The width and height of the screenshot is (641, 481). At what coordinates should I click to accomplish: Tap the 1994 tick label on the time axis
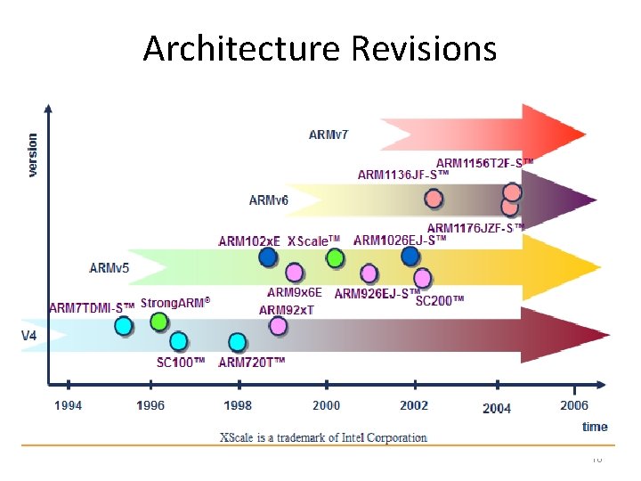click(69, 406)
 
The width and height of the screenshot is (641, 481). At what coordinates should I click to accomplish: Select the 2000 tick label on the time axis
click(326, 406)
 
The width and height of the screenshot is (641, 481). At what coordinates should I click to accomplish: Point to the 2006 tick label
click(574, 406)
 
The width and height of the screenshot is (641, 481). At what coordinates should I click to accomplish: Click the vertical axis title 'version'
click(33, 155)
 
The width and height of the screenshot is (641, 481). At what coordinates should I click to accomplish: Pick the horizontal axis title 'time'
click(595, 427)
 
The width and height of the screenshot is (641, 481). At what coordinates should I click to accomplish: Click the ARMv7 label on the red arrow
click(329, 135)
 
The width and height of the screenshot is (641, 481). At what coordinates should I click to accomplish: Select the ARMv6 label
click(269, 200)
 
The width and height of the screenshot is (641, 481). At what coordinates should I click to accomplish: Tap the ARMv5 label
click(110, 267)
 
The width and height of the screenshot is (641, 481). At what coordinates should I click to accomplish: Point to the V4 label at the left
click(31, 336)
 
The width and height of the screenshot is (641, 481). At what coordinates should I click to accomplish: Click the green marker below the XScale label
click(335, 258)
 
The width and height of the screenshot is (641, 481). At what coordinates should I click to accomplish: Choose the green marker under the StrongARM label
click(158, 322)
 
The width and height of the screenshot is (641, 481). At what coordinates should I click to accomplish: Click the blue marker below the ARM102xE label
click(267, 257)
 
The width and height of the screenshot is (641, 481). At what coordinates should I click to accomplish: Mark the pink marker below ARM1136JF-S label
click(434, 199)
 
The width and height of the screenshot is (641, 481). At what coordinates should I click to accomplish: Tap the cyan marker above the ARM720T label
click(237, 342)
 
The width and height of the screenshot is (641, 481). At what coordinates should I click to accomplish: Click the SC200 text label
click(440, 301)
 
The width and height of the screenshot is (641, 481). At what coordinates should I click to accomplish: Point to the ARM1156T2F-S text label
click(484, 163)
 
